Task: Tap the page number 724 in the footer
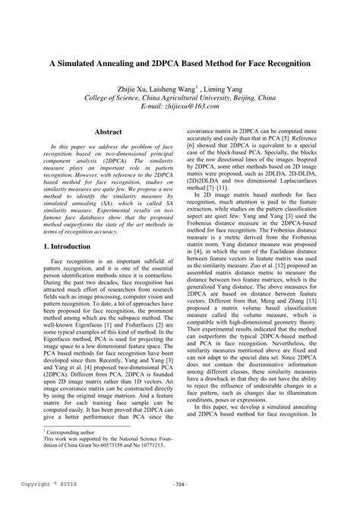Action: click(x=179, y=483)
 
